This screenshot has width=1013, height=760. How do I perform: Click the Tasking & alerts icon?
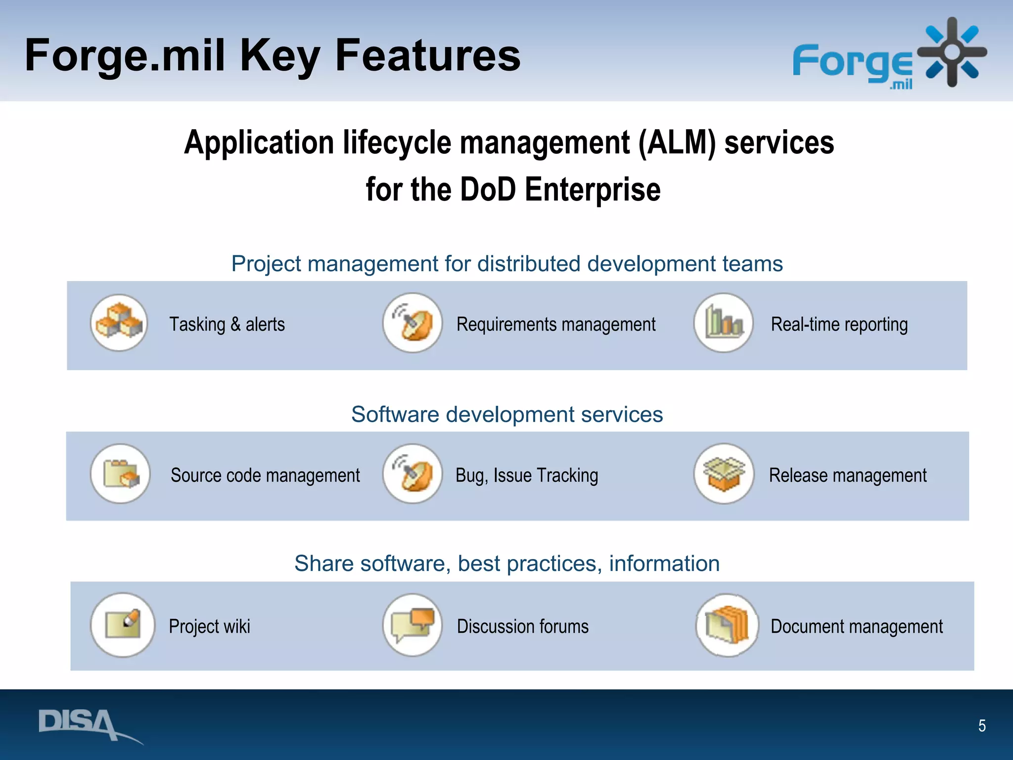(x=119, y=323)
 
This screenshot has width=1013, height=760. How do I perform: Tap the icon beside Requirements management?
(x=412, y=323)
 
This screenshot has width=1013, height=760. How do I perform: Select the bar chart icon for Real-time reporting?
(x=723, y=323)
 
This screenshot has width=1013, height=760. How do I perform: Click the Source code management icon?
(x=120, y=474)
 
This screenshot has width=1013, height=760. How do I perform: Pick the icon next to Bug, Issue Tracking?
(x=412, y=474)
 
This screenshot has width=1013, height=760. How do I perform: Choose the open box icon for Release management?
(x=724, y=474)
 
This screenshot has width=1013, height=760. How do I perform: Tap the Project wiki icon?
(x=122, y=625)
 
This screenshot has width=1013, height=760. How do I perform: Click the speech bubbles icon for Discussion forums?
(x=412, y=625)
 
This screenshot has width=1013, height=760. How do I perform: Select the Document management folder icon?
(x=727, y=625)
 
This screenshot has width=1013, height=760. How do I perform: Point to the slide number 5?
(x=982, y=726)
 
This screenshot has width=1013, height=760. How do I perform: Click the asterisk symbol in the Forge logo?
(x=952, y=52)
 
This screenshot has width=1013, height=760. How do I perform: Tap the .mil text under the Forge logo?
(x=901, y=85)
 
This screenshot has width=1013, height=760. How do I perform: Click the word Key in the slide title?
(x=279, y=55)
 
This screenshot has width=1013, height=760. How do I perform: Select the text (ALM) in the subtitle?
(x=677, y=142)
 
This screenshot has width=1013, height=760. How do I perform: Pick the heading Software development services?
(x=506, y=414)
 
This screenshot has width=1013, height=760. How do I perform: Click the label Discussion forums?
(x=522, y=626)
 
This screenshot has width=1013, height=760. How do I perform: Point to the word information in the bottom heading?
(x=664, y=564)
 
